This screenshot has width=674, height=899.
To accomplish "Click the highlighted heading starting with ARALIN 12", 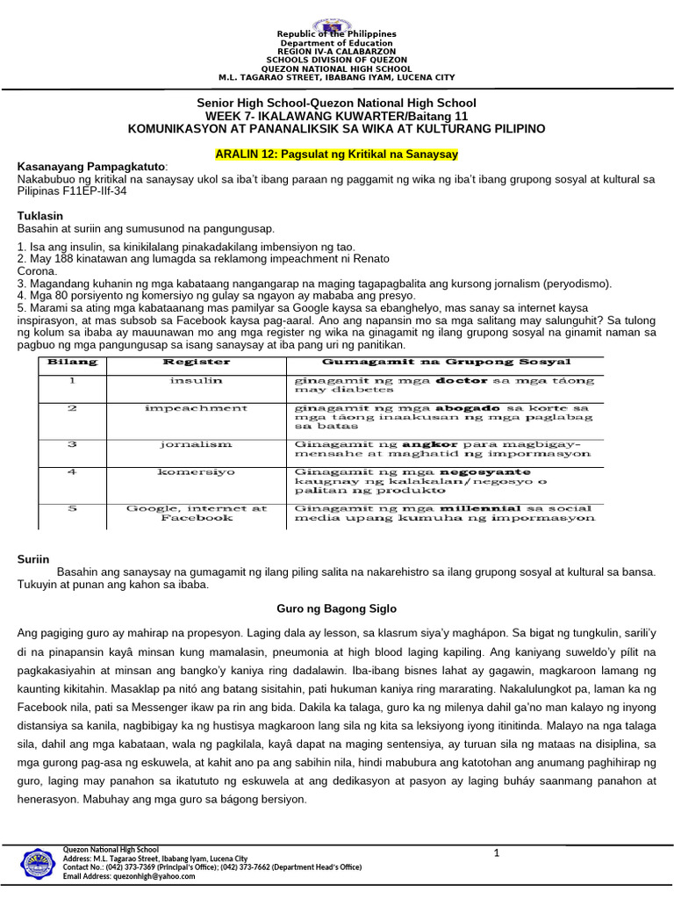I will pos(337,154).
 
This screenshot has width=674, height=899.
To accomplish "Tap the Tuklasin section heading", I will pos(41,215).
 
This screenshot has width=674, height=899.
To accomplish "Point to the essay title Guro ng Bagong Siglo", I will pos(336,608).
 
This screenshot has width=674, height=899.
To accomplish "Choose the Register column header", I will pos(197,362).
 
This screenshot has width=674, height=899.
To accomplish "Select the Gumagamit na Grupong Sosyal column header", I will pos(447,362).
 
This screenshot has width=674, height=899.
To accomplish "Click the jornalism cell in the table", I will pos(197,444).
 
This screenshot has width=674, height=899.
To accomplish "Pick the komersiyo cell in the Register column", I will pos(197,471).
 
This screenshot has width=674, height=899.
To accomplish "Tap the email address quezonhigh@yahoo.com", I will pos(132,876).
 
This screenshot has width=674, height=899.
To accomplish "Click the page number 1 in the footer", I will pos(496,853).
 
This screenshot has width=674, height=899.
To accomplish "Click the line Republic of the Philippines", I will pos(337,34).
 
